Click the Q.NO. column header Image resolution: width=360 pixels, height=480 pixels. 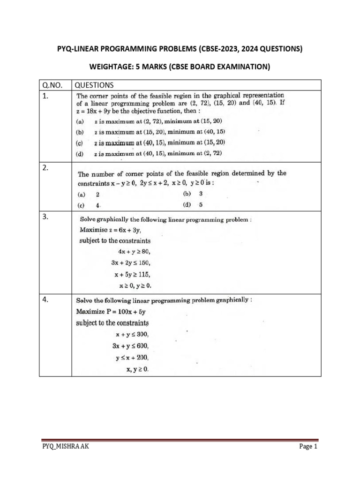[51, 85]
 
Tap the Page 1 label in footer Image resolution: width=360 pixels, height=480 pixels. [308, 447]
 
